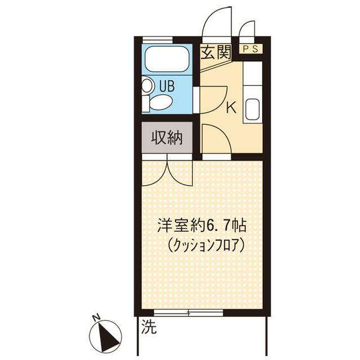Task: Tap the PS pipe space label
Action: coord(251,49)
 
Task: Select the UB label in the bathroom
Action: coord(167,87)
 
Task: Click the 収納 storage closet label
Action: coord(166,138)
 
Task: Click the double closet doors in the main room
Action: coord(167,172)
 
